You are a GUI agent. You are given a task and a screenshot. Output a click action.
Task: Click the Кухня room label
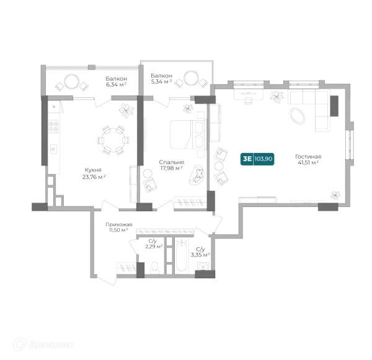click(93, 170)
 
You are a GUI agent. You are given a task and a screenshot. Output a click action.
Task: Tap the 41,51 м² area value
click(308, 163)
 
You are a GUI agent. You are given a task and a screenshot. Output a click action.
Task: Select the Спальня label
click(172, 162)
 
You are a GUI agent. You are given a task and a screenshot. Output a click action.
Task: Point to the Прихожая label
click(119, 224)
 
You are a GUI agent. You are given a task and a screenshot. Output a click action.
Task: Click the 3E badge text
click(247, 159)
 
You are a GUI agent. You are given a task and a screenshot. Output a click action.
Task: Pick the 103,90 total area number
click(263, 159)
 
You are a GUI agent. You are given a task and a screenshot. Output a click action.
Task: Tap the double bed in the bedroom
click(187, 134)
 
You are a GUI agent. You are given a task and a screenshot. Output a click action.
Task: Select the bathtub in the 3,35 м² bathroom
click(182, 256)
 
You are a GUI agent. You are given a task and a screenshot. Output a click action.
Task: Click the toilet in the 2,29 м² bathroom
click(155, 267)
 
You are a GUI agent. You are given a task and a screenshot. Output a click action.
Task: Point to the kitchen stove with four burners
click(53, 126)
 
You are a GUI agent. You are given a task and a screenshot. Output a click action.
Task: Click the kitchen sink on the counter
click(53, 149)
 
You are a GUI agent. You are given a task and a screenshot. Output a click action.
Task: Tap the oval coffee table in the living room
click(298, 116)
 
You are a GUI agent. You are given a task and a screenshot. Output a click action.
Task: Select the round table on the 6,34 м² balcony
click(71, 82)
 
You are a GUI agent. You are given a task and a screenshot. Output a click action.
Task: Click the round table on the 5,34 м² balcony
click(191, 78)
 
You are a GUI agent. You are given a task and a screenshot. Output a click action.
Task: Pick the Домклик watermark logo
click(43, 345)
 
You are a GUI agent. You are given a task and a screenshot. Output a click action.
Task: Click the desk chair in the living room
click(249, 100)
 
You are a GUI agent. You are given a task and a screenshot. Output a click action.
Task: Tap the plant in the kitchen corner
click(126, 110)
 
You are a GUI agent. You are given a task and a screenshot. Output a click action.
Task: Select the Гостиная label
click(308, 157)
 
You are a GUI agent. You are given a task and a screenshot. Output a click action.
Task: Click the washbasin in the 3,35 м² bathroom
click(203, 267)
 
